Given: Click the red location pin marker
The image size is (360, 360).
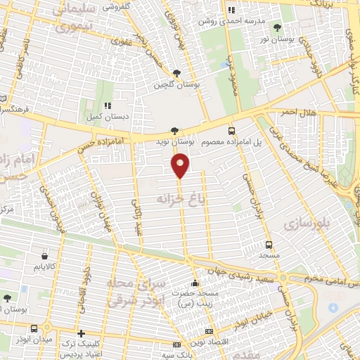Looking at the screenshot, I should pos(181,165).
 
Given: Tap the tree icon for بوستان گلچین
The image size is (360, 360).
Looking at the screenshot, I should pos(176,73).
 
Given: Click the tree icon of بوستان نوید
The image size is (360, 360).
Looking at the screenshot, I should pos(174,130).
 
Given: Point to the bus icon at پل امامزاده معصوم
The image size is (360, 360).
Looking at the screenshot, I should pos(231,130).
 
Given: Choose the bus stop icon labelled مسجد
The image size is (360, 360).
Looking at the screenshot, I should pos(269,245).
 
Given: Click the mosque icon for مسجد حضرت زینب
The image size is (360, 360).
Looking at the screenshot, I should pos(195,283).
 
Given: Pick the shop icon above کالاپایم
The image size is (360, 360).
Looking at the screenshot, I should pos(45,257).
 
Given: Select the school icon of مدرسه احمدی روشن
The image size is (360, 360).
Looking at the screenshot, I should pos(232,11).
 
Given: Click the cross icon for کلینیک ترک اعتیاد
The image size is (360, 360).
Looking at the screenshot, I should pos(82,333).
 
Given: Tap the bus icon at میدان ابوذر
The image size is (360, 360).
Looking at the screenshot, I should pos(34,328).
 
